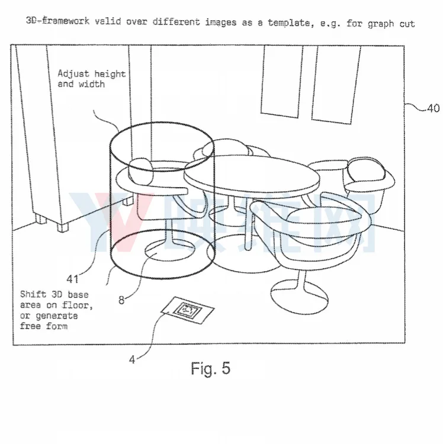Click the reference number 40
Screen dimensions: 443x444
click(x=434, y=108)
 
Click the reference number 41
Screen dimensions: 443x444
click(x=72, y=279)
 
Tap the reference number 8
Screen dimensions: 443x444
click(x=121, y=300)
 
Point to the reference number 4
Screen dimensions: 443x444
click(x=132, y=360)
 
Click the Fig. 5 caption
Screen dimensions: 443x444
click(x=211, y=368)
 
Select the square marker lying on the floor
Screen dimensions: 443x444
click(x=188, y=310)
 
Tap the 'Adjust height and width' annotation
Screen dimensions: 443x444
click(x=91, y=79)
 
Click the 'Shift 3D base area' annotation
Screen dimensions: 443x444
click(x=56, y=310)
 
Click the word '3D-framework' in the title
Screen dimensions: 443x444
click(x=57, y=21)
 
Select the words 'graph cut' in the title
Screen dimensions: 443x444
click(x=391, y=24)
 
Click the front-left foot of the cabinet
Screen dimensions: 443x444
click(x=63, y=228)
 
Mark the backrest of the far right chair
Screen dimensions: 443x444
click(x=367, y=169)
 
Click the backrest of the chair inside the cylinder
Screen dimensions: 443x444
click(x=140, y=171)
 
